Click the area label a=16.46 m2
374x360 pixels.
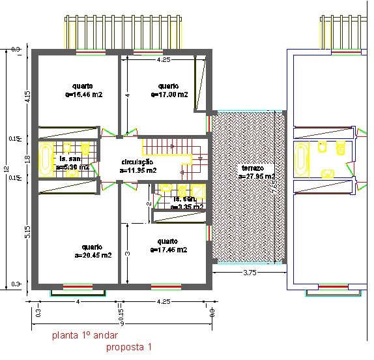pos(84,95)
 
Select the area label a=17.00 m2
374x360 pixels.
pos(169,95)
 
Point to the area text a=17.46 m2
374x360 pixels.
pos(169,250)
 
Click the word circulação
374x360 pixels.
pos(137,162)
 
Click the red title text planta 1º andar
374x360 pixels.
pos(85,337)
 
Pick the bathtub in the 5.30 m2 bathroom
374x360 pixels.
pos(46,159)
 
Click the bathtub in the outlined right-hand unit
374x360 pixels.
pos(302,160)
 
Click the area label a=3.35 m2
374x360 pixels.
pos(186,207)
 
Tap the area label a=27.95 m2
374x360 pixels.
pos(256,176)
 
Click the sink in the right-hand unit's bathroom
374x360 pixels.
pos(328,173)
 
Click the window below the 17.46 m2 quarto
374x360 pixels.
pos(165,286)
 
